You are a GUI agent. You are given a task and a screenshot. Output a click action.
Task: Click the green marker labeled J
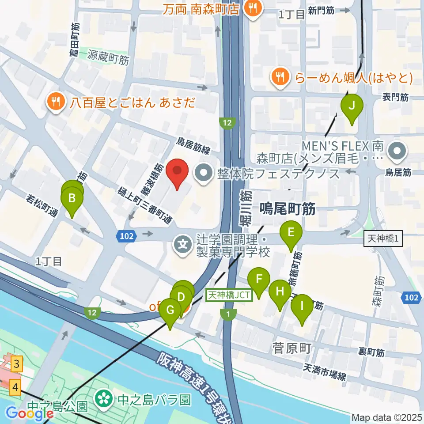[x=352, y=106]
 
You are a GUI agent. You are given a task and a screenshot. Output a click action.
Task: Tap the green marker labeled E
[x=291, y=232]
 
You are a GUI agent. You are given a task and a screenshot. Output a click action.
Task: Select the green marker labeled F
[x=259, y=280]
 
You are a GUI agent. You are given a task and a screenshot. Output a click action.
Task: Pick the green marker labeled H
[x=280, y=292]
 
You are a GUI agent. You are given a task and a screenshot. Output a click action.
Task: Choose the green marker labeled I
[x=302, y=306]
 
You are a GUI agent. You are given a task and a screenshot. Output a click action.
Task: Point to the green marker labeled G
[x=170, y=310]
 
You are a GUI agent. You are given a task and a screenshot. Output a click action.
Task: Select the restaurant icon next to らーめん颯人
[x=280, y=78]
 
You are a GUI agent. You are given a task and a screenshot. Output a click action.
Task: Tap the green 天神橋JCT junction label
[x=229, y=295]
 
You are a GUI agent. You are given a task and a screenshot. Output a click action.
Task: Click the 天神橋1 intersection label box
[x=383, y=239]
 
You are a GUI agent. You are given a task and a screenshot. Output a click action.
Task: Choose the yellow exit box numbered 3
[x=16, y=364]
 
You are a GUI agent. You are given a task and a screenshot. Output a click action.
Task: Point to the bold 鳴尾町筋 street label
[x=288, y=209]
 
